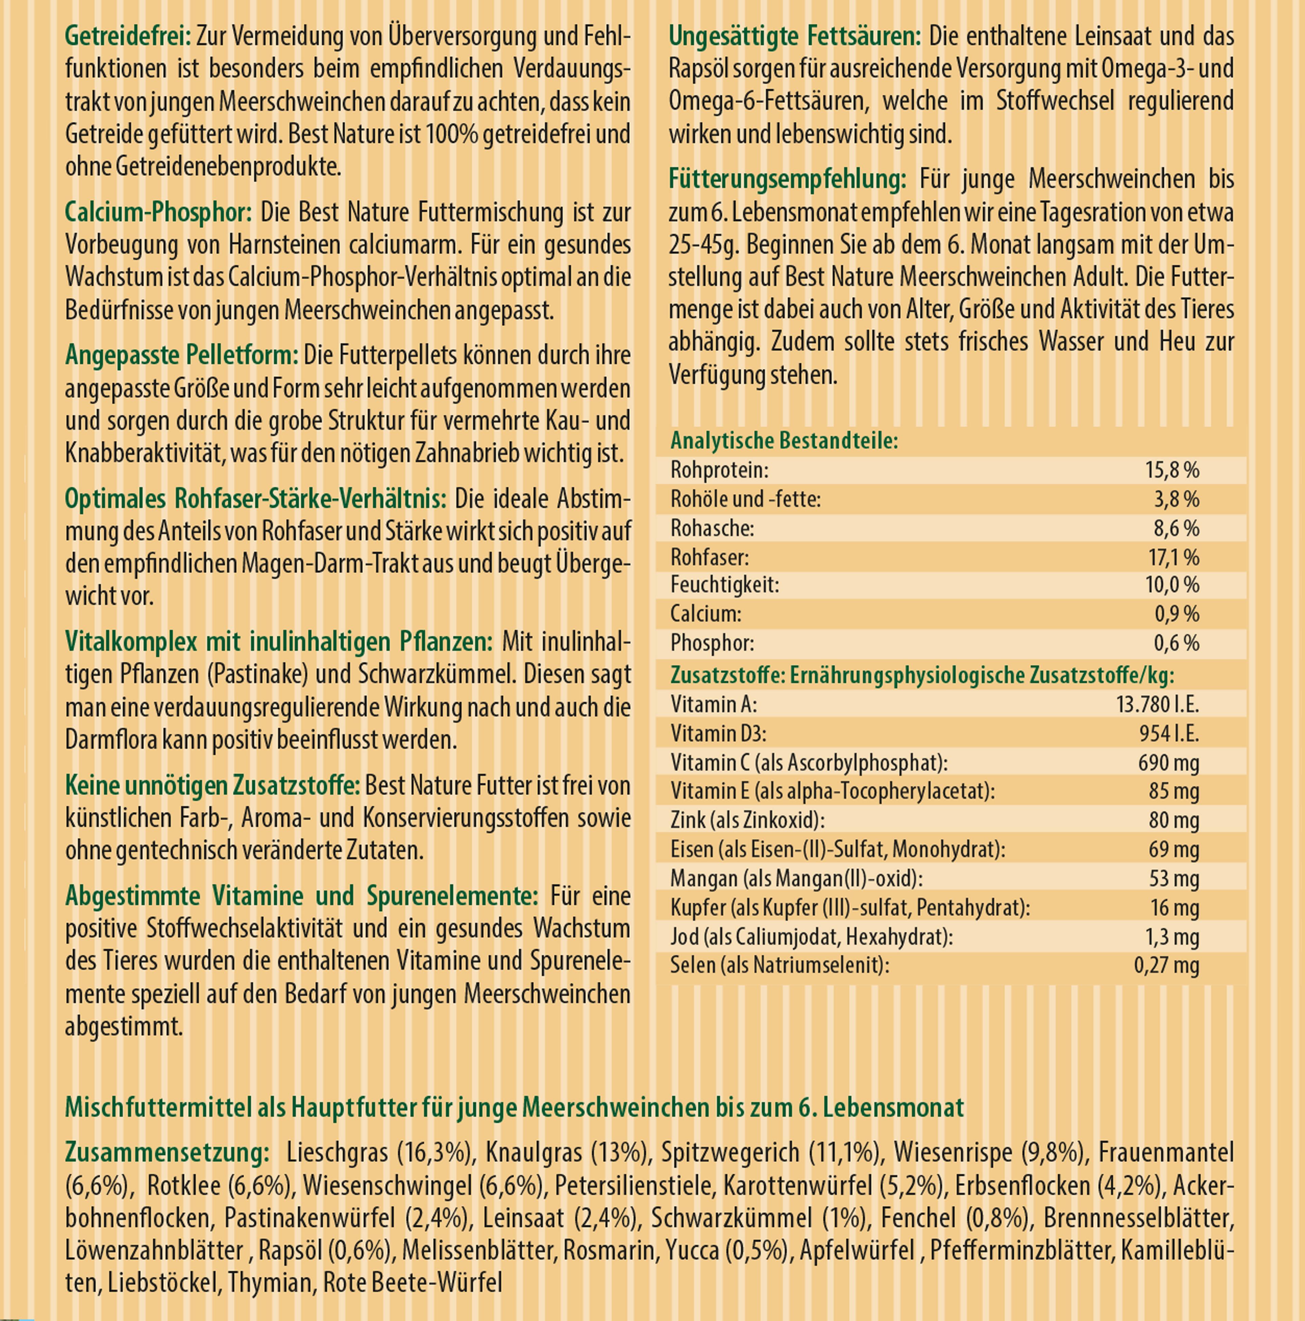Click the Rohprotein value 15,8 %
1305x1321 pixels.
coord(1172,470)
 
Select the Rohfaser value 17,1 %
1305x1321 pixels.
coord(1173,557)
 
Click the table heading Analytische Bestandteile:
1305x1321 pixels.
coord(783,440)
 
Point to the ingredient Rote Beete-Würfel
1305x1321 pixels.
coord(412,1282)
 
